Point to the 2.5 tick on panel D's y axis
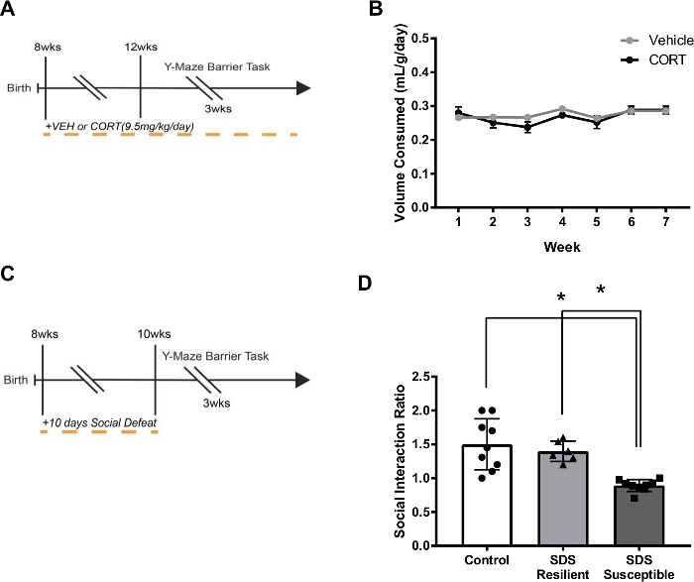(454, 377)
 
